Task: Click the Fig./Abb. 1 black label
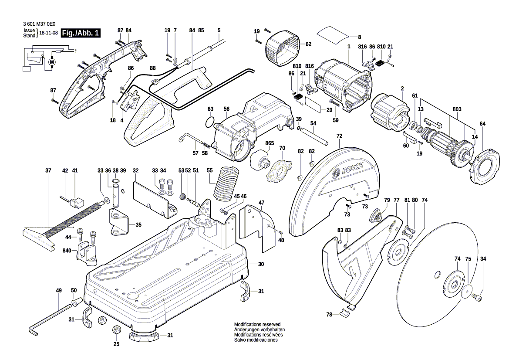pos(81,33)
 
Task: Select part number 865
pos(270,143)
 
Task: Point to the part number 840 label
pos(67,251)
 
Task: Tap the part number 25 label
pos(116,344)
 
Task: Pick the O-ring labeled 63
pos(209,122)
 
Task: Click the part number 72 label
pos(339,136)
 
